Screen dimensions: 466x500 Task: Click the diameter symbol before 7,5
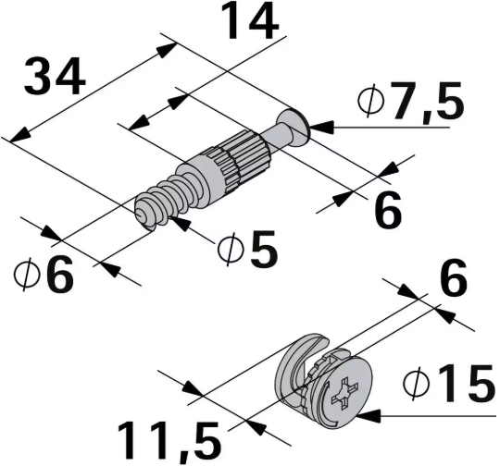tap(371, 104)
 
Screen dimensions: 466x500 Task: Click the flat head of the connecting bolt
tap(299, 126)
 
